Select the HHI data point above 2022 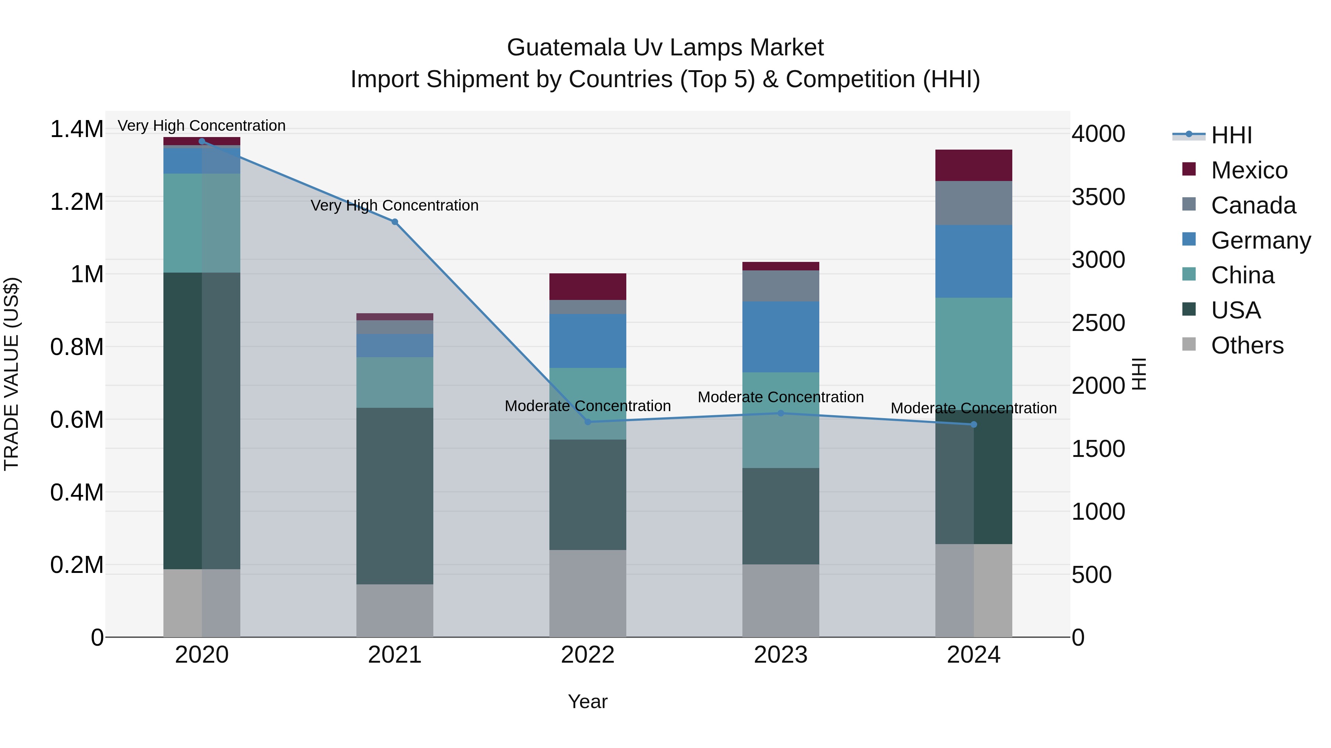pyautogui.click(x=587, y=422)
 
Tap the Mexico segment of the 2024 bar pyautogui.click(x=973, y=165)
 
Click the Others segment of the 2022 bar pyautogui.click(x=587, y=593)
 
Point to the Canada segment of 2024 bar pyautogui.click(x=973, y=203)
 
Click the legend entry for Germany pyautogui.click(x=1260, y=240)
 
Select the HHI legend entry pyautogui.click(x=1231, y=135)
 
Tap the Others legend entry pyautogui.click(x=1247, y=345)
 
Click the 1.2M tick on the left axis pyautogui.click(x=77, y=202)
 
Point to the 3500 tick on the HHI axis pyautogui.click(x=1098, y=197)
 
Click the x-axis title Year pyautogui.click(x=587, y=701)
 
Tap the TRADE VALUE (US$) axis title pyautogui.click(x=11, y=374)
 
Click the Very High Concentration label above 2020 pyautogui.click(x=201, y=126)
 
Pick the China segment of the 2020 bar pyautogui.click(x=201, y=223)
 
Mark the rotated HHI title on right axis pyautogui.click(x=1139, y=374)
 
